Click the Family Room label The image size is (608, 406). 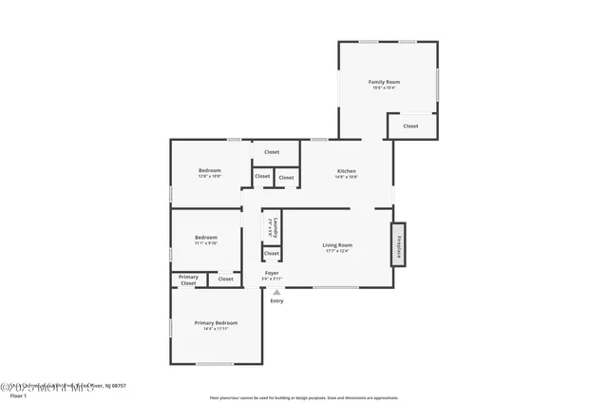(384, 82)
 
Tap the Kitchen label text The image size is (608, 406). (347, 170)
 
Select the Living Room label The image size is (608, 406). (337, 244)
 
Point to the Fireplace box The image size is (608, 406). (399, 245)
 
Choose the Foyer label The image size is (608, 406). (271, 273)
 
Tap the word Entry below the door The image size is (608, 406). (276, 300)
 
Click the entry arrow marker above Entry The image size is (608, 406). (276, 292)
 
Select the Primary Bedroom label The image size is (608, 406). (216, 322)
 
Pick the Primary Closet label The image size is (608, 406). (188, 280)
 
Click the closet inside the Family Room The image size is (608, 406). (410, 126)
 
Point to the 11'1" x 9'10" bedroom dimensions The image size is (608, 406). (206, 243)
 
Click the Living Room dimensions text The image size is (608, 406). (337, 251)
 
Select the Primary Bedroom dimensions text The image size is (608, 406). (216, 329)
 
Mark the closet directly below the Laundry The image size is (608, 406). (272, 253)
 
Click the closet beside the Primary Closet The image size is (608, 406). (225, 279)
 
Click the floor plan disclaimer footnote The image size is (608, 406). (304, 397)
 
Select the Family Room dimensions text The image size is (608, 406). (384, 88)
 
